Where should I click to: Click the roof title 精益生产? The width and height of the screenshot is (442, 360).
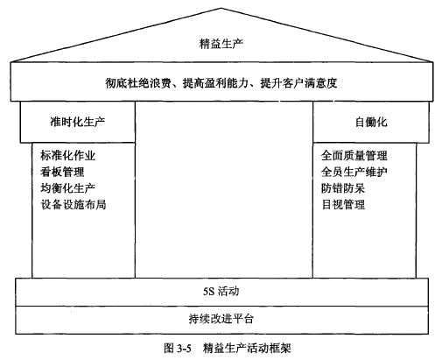(221, 44)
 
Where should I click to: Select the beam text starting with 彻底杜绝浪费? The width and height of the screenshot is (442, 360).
(221, 83)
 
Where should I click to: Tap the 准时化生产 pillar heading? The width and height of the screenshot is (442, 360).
(78, 122)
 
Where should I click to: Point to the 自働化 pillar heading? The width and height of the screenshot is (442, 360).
(371, 122)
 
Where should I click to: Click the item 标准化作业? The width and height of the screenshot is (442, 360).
(68, 155)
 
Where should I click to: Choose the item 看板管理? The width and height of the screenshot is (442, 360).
(62, 172)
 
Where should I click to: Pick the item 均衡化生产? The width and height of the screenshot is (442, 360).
(68, 188)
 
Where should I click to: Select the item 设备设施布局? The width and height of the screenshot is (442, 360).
(74, 204)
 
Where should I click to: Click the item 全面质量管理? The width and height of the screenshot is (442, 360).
(354, 155)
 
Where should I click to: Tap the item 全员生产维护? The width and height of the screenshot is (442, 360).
(354, 172)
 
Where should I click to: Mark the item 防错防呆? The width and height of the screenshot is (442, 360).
(343, 188)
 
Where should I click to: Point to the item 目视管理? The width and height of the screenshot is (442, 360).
(343, 204)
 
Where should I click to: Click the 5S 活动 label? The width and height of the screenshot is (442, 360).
(221, 291)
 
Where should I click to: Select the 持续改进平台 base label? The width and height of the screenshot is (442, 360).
(221, 319)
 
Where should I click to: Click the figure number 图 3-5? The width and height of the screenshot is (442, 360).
(178, 348)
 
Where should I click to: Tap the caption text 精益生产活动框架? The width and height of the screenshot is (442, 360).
(247, 348)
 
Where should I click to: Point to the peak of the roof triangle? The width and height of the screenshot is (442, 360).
(221, 8)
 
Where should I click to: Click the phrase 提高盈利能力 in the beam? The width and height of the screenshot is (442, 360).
(215, 83)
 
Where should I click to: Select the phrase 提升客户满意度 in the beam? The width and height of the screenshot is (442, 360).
(298, 83)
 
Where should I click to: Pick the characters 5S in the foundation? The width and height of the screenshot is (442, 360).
(208, 292)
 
